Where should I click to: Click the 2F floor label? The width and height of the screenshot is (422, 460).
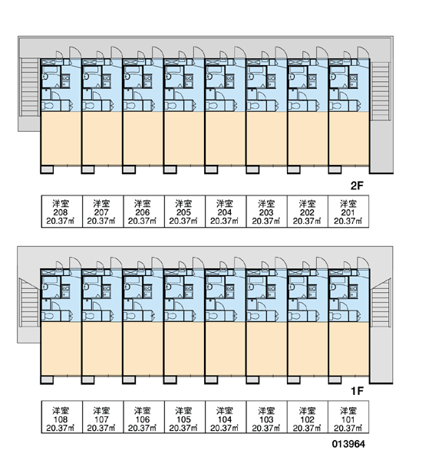click(x=357, y=186)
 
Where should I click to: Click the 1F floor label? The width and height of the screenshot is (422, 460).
click(x=357, y=391)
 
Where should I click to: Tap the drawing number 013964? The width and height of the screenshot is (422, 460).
click(x=348, y=444)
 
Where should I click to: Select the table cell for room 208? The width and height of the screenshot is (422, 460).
click(x=61, y=212)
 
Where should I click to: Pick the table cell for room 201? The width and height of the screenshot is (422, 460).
click(x=348, y=212)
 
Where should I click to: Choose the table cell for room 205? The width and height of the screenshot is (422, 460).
click(x=185, y=212)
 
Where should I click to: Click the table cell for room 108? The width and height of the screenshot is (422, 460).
click(x=61, y=417)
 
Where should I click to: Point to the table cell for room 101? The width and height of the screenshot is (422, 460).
click(x=348, y=417)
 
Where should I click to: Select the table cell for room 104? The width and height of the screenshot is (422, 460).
click(x=226, y=417)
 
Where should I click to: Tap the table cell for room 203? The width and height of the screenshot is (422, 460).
click(x=266, y=212)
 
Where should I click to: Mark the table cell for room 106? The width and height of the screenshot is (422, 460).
click(x=144, y=417)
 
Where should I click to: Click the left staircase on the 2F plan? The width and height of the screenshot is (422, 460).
click(x=29, y=87)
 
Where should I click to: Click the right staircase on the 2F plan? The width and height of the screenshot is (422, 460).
click(x=381, y=91)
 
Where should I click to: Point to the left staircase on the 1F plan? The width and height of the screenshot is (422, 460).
click(x=29, y=303)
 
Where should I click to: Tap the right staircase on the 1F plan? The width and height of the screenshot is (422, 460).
click(x=381, y=303)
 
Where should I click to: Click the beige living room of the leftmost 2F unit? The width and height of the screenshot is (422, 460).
click(x=61, y=139)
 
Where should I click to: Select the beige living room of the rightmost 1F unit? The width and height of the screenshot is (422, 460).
click(x=349, y=349)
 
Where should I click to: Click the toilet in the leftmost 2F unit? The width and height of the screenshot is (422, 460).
click(x=48, y=106)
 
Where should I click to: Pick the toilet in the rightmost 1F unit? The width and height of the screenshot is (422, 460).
click(x=335, y=316)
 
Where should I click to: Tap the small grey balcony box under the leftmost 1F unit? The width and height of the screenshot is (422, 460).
click(x=47, y=380)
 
